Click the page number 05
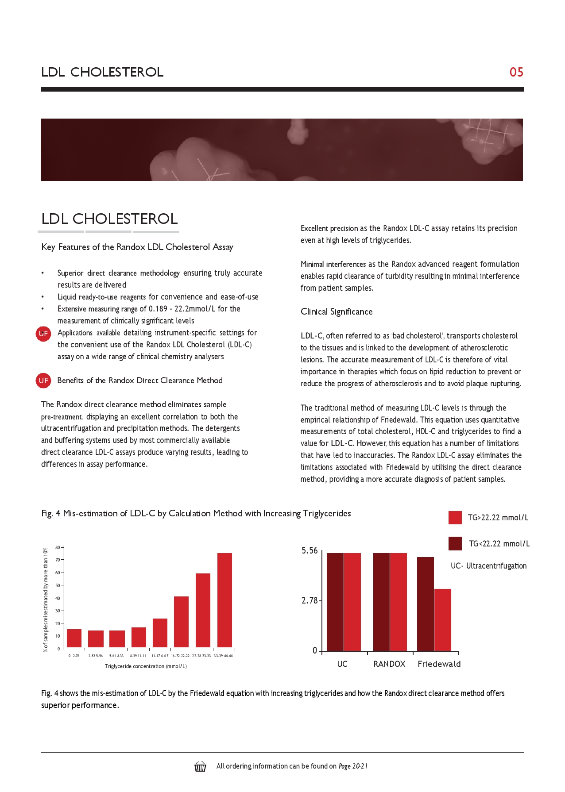pos(516,72)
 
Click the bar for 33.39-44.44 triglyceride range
pos(224,600)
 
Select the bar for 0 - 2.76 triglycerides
pos(74,638)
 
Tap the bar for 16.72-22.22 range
pos(181,622)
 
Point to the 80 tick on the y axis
pos(58,548)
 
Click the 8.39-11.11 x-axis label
pos(138,656)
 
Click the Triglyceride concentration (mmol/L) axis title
pos(146,666)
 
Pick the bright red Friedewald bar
pos(442,619)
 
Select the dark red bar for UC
pos(335,602)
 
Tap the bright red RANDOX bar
pos(398,602)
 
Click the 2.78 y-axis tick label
pos(310,601)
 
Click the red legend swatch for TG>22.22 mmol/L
pos(455,518)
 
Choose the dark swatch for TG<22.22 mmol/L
pos(455,544)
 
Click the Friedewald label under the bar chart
pos(439,664)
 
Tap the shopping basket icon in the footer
pos(200,766)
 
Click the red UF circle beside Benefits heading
pos(43,381)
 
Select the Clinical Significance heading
pos(337,312)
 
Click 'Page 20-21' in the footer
pos(353,766)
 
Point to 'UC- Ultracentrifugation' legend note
pos(488,566)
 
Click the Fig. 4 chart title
pos(196,513)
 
